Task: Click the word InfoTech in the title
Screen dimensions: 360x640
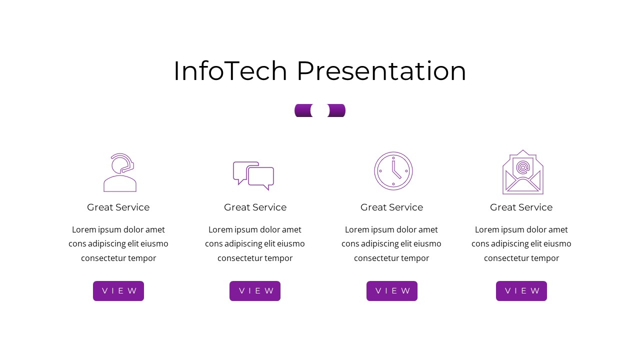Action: pos(230,71)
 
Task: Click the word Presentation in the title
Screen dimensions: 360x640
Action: pos(381,71)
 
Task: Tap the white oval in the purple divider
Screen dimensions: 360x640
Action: pos(320,110)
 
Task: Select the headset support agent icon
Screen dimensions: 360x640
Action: pos(120,172)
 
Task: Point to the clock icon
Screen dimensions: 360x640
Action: pos(393,171)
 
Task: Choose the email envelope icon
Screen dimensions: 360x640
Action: pos(522,172)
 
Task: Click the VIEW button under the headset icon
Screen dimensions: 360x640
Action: pos(118,291)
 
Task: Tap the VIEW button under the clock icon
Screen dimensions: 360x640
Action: pos(392,291)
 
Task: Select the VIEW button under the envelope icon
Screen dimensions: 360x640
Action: pos(521,291)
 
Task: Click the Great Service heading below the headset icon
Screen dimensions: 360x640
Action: pos(118,207)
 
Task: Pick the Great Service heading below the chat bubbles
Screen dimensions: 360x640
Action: pos(255,207)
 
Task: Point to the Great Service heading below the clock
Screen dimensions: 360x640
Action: pos(392,207)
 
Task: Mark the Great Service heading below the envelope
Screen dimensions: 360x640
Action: pos(521,207)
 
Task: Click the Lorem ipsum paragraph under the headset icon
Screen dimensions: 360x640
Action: pos(118,244)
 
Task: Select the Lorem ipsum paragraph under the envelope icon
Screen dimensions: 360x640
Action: pos(521,244)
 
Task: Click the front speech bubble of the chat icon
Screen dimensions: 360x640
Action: pos(261,177)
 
